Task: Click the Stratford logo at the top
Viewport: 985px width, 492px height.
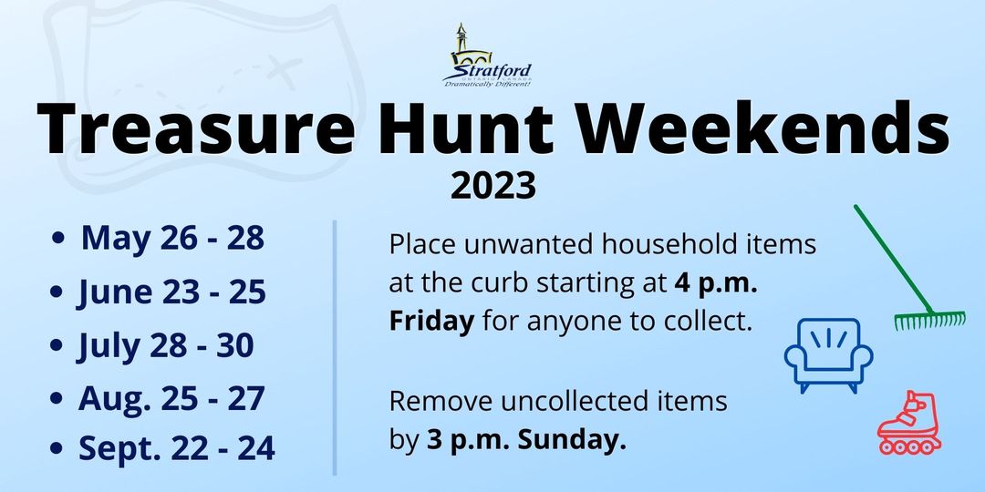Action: (x=487, y=56)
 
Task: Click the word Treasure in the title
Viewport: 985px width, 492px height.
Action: (x=195, y=128)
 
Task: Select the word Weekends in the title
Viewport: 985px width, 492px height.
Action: (x=763, y=128)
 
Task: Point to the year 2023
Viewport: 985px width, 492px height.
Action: (x=493, y=187)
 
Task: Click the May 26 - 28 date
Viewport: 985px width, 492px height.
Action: (x=172, y=238)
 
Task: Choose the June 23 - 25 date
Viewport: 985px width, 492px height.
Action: (x=171, y=292)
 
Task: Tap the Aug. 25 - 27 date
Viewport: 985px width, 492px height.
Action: (x=171, y=398)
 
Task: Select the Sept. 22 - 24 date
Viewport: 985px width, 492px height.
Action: (x=177, y=448)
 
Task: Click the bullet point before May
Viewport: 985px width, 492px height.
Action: (x=58, y=239)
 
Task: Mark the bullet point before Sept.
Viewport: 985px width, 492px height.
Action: (x=57, y=448)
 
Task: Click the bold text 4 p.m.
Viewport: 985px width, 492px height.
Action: (x=716, y=283)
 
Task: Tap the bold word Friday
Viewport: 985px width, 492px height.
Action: (x=431, y=321)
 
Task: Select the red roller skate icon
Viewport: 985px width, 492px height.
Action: (x=909, y=423)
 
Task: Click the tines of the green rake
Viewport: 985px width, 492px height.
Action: (x=929, y=321)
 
